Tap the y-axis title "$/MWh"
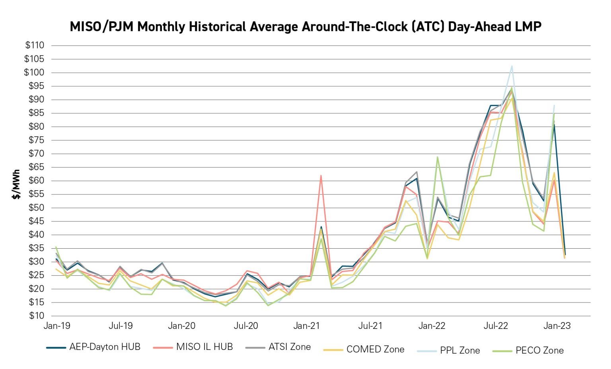click(x=16, y=184)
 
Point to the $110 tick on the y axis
click(x=35, y=45)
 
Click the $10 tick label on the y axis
click(x=36, y=316)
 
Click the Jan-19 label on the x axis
click(x=57, y=326)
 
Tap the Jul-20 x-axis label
click(x=245, y=326)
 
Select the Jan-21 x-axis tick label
click(x=306, y=326)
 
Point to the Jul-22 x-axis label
click(x=496, y=326)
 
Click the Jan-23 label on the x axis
click(x=557, y=326)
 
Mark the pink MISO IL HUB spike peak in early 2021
click(x=321, y=176)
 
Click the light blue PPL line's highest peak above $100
click(x=512, y=66)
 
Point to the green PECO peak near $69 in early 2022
click(x=437, y=157)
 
